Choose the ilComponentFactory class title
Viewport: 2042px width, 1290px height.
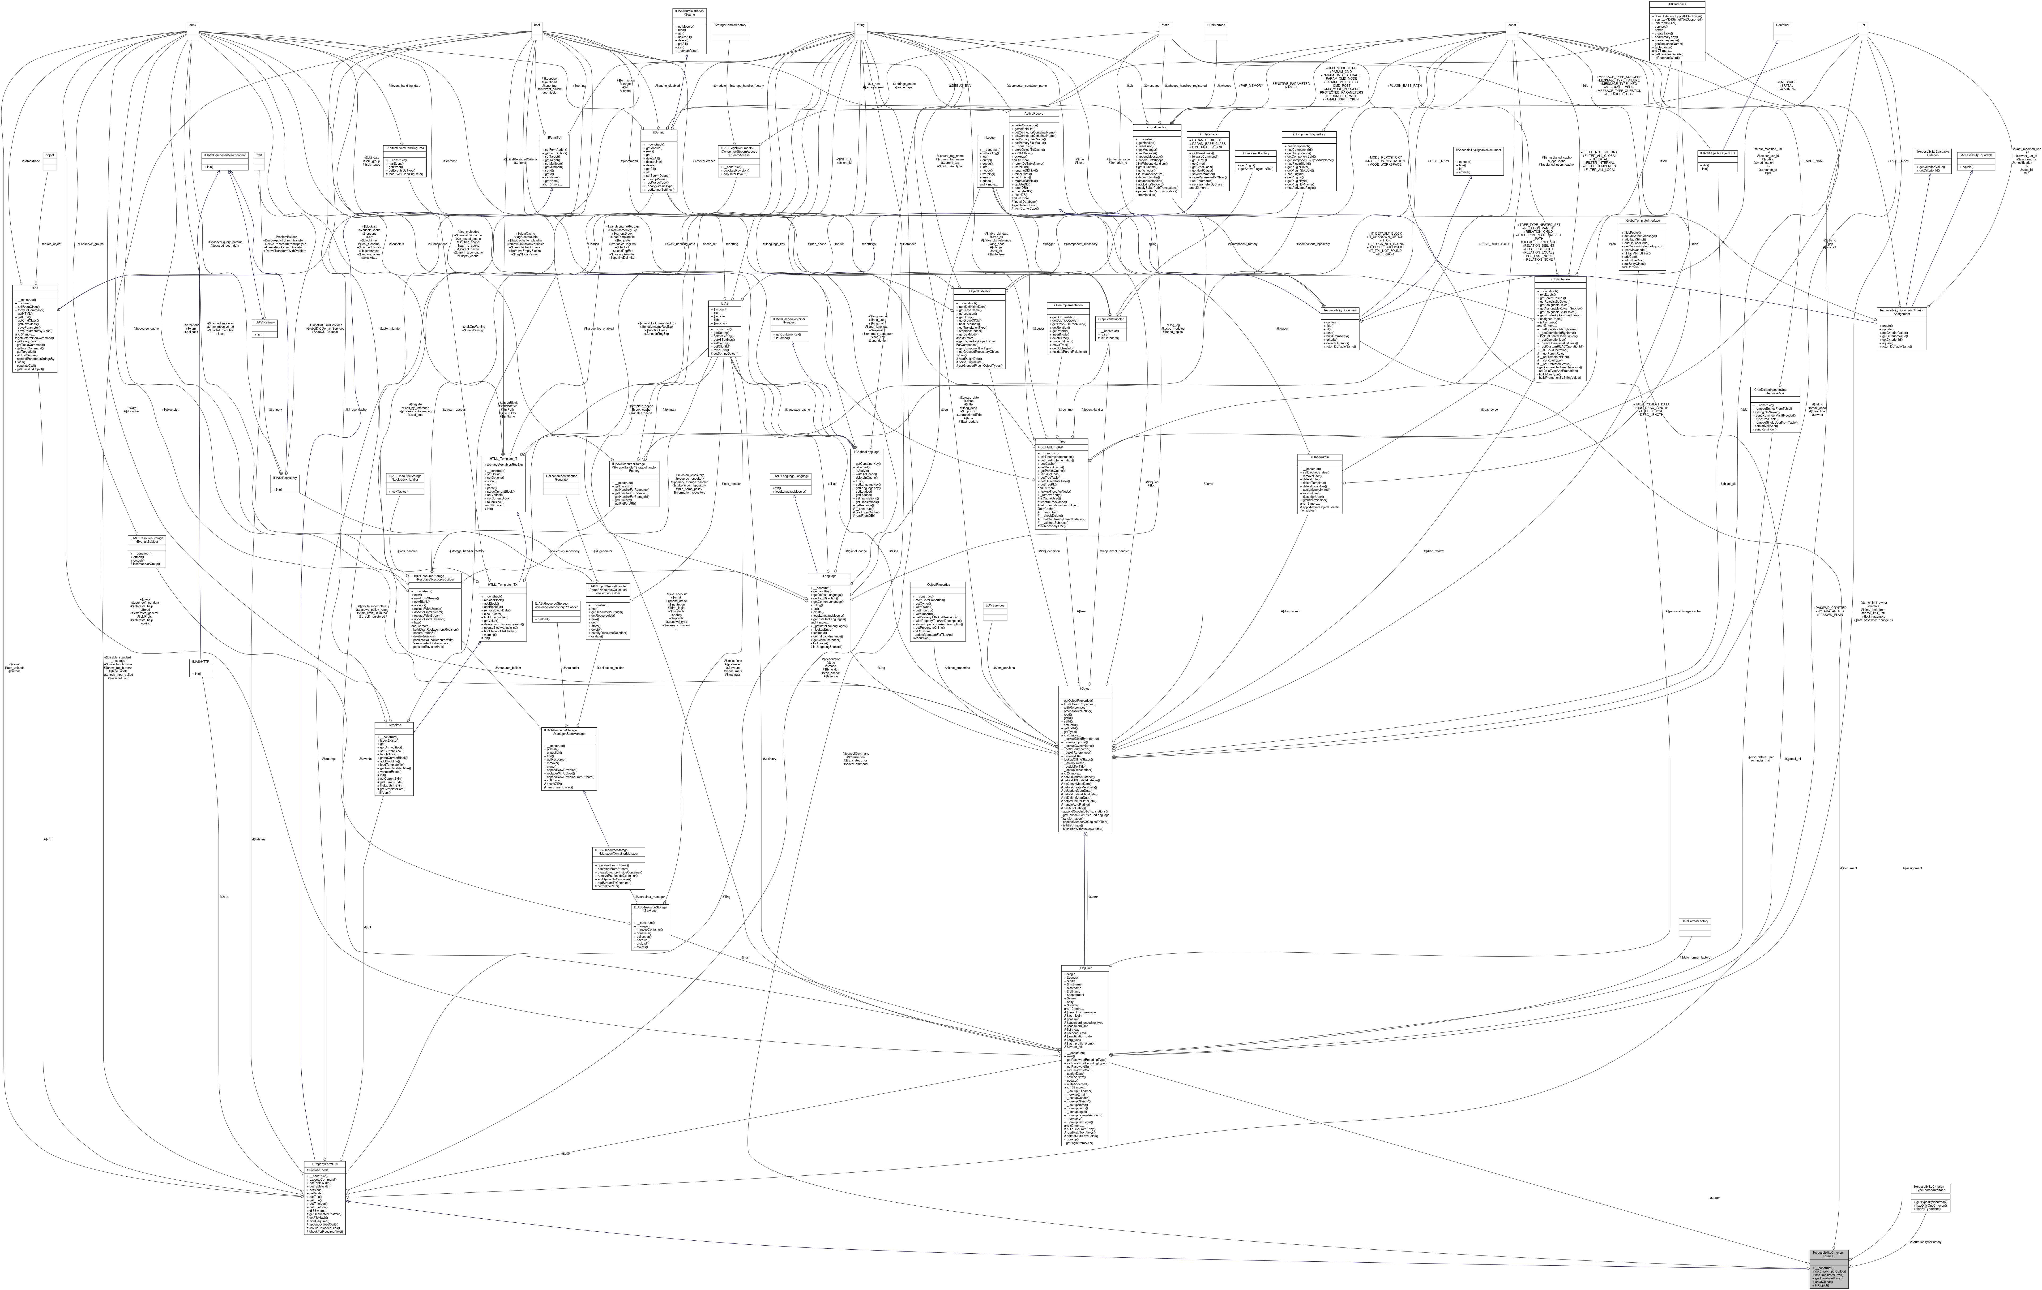click(x=1254, y=154)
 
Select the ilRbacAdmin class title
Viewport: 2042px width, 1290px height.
click(x=1319, y=457)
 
